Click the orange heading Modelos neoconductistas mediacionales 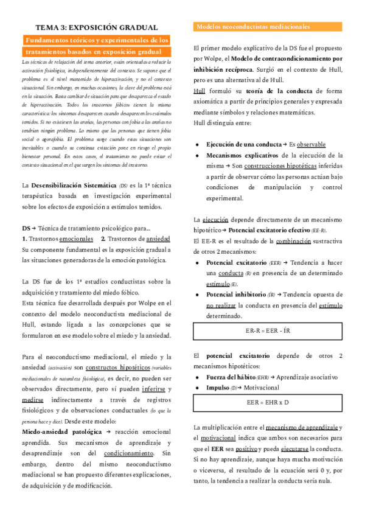[252, 27]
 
